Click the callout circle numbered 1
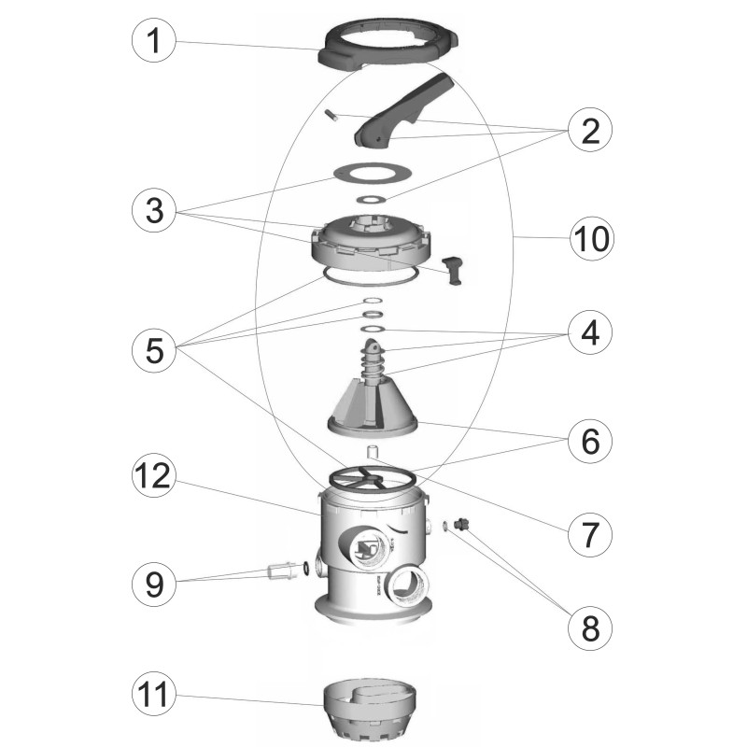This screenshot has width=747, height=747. [154, 40]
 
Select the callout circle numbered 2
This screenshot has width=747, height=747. [590, 130]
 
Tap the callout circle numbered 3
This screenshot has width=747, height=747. [154, 210]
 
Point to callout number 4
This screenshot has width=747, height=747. [590, 332]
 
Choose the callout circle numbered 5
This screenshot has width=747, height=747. [154, 350]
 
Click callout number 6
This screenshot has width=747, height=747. [590, 441]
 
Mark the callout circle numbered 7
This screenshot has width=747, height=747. [590, 534]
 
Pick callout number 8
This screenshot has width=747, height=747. [590, 628]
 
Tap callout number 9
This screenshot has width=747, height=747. [154, 584]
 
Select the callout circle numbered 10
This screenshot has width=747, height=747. [592, 238]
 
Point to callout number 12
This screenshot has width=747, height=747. [154, 475]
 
